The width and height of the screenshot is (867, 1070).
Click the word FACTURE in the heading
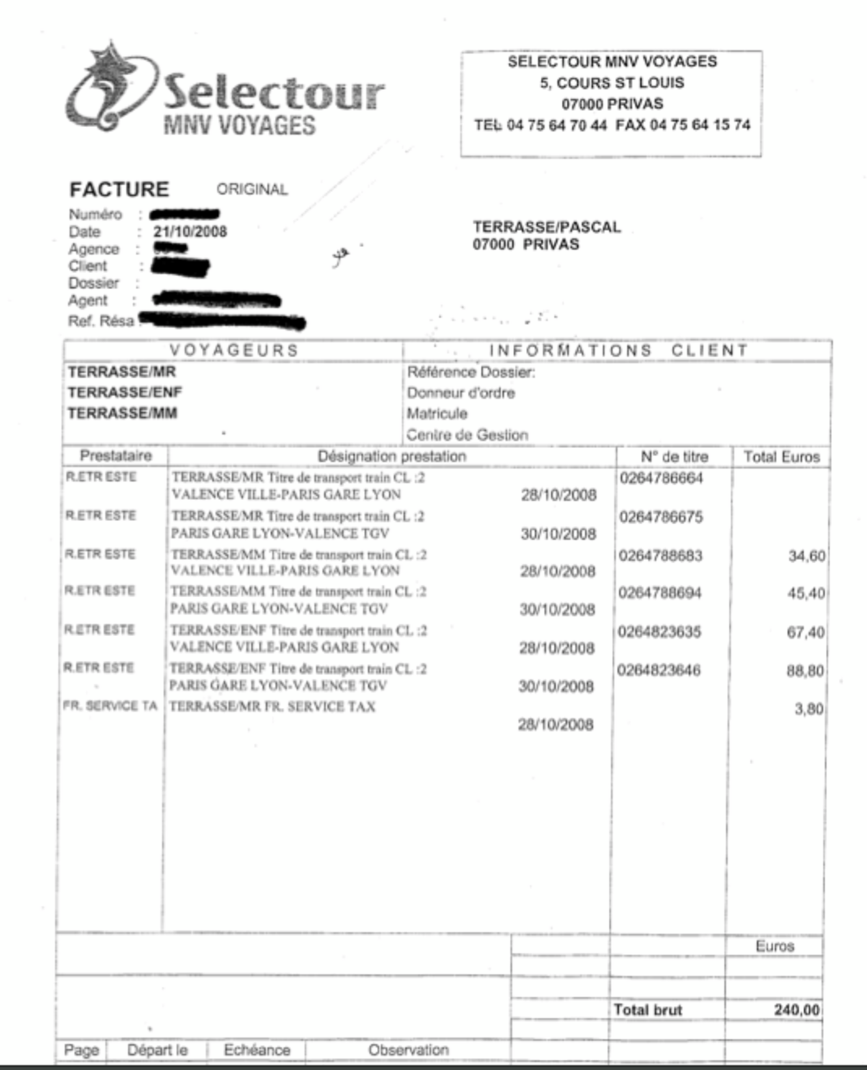(x=119, y=190)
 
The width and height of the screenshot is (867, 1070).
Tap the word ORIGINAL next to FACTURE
(x=252, y=190)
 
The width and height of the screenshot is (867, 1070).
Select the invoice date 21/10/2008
(x=190, y=232)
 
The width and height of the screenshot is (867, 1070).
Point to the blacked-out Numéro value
(x=184, y=215)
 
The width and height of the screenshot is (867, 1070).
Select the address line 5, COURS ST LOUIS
(x=612, y=83)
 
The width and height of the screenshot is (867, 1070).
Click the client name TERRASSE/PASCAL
(x=547, y=227)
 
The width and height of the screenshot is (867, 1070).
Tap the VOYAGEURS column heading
(x=234, y=350)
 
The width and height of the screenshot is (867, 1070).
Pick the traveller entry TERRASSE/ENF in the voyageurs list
(x=125, y=393)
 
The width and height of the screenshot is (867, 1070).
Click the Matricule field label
(x=437, y=414)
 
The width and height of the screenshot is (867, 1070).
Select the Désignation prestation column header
(x=392, y=456)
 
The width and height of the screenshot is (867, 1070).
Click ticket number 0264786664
(x=661, y=478)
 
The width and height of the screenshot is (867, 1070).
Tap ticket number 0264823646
(x=659, y=670)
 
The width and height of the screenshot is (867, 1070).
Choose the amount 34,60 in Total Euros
(x=806, y=556)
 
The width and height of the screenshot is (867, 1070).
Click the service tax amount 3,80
(x=809, y=709)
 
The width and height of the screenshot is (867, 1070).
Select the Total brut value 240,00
(x=796, y=1010)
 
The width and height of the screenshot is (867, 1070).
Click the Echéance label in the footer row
(x=257, y=1050)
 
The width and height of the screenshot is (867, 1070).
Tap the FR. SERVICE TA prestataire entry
(x=110, y=706)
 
